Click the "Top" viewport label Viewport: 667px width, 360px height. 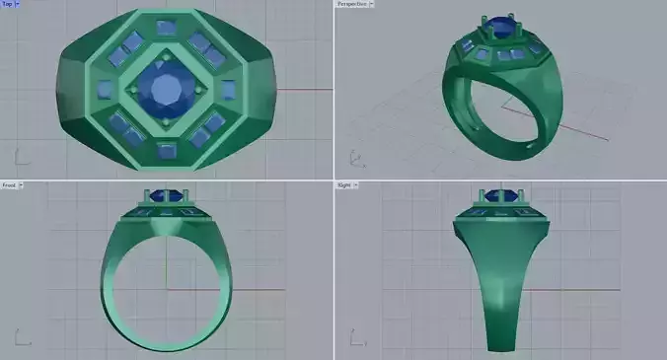[x=8, y=5]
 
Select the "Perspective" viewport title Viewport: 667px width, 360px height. [x=353, y=5]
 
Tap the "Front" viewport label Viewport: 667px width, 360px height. [x=9, y=185]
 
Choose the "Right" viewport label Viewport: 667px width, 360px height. [x=344, y=185]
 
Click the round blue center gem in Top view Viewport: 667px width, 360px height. [x=165, y=92]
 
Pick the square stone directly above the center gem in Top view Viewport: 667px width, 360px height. [x=165, y=35]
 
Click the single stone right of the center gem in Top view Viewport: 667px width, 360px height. [x=228, y=91]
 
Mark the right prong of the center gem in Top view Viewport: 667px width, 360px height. [x=206, y=92]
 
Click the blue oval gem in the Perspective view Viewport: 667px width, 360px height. [x=505, y=31]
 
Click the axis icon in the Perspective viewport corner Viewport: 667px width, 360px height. [x=352, y=157]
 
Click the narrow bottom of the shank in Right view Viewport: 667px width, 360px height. [x=501, y=340]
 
